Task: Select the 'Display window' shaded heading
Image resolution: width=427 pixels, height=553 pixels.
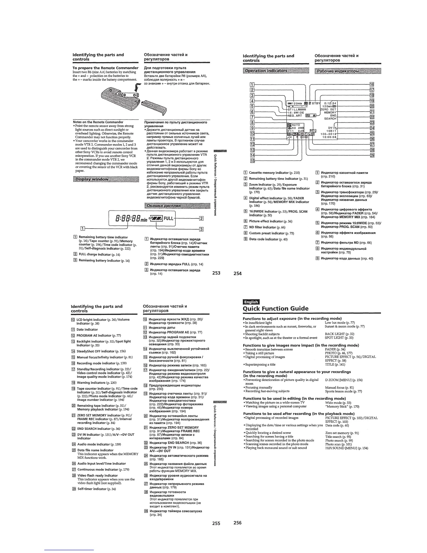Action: coord(91,179)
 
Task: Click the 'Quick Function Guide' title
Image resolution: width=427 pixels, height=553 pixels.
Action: coord(276,309)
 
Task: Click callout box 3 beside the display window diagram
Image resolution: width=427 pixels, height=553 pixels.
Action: coord(201,229)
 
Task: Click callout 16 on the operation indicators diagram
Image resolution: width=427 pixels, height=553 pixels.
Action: coord(372,84)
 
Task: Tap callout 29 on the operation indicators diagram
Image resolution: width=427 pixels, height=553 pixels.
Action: coord(372,155)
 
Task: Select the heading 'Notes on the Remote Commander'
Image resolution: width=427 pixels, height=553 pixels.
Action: coord(98,122)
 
